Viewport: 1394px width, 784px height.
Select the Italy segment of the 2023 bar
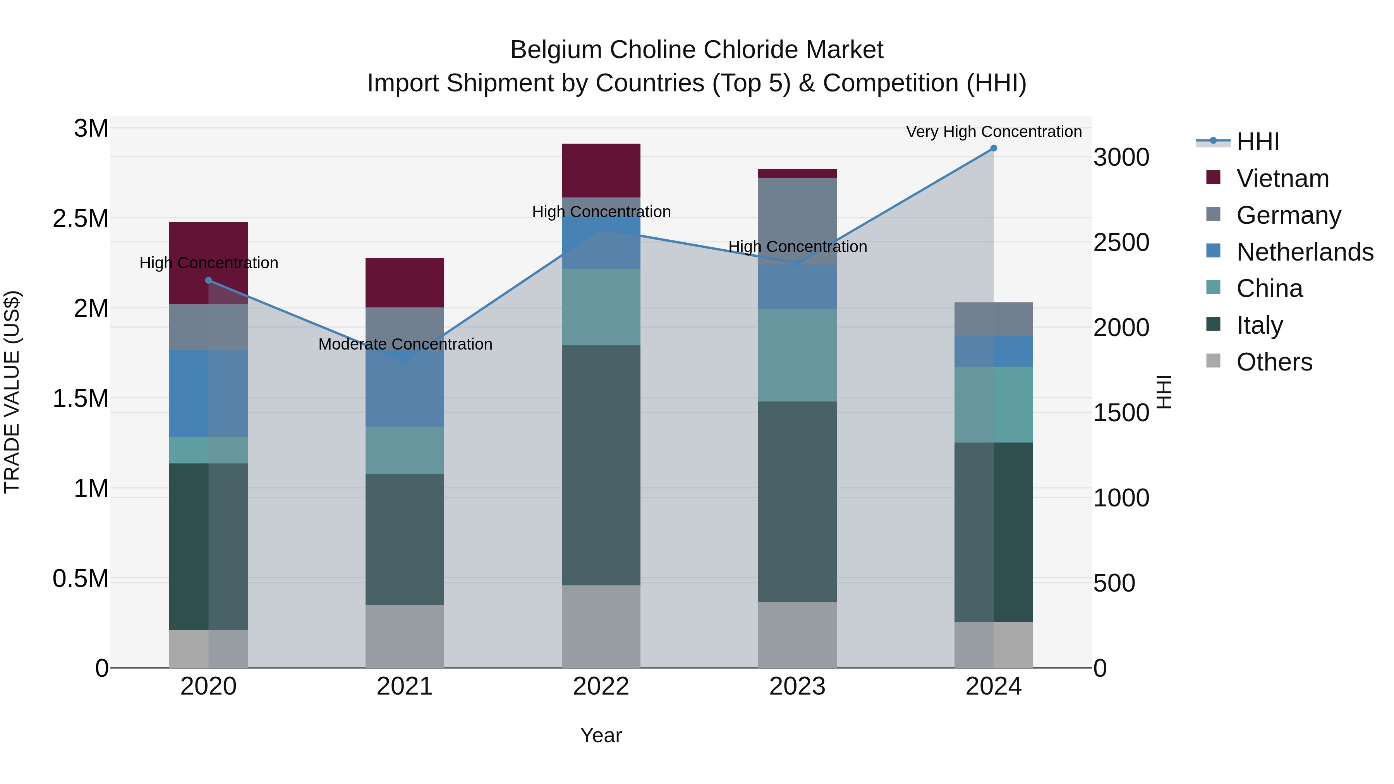coord(797,501)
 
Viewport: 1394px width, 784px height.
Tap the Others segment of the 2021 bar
coord(405,636)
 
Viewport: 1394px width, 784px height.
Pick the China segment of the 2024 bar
coord(994,405)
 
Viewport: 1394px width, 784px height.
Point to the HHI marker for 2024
coord(994,148)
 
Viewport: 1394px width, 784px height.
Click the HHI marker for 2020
coord(208,280)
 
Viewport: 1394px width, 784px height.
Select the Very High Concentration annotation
coord(994,132)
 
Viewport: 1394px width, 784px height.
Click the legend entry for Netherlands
coord(1304,252)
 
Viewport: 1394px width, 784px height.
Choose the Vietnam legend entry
coord(1282,178)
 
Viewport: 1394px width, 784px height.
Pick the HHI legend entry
coord(1258,142)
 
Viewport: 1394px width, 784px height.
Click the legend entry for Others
coord(1274,362)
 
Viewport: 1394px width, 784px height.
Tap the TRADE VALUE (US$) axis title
coord(12,392)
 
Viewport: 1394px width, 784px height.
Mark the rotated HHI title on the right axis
coord(1164,392)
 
